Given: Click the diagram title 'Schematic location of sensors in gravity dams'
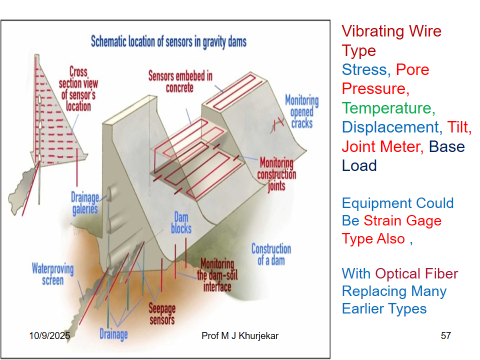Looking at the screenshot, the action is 169,42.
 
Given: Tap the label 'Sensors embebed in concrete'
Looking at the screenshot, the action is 180,82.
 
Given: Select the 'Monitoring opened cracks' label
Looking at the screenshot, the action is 302,111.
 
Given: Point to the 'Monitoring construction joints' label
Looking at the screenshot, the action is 276,174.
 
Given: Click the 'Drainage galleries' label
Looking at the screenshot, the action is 85,203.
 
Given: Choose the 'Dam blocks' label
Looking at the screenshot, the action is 181,223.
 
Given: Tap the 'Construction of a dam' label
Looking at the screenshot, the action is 271,254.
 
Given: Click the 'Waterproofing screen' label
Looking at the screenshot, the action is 53,274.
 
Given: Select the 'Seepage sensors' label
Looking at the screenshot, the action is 162,313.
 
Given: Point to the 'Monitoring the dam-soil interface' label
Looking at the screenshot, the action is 217,275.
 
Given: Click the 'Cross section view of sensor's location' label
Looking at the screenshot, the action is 78,89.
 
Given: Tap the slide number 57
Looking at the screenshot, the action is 446,335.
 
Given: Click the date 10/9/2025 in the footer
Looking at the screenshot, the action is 50,335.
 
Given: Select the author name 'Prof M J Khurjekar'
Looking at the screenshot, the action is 240,335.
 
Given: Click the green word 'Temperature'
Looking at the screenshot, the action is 387,108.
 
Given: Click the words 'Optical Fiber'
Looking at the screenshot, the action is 416,274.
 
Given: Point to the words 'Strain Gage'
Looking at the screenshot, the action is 402,221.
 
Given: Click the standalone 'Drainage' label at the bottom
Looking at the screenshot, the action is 114,334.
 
